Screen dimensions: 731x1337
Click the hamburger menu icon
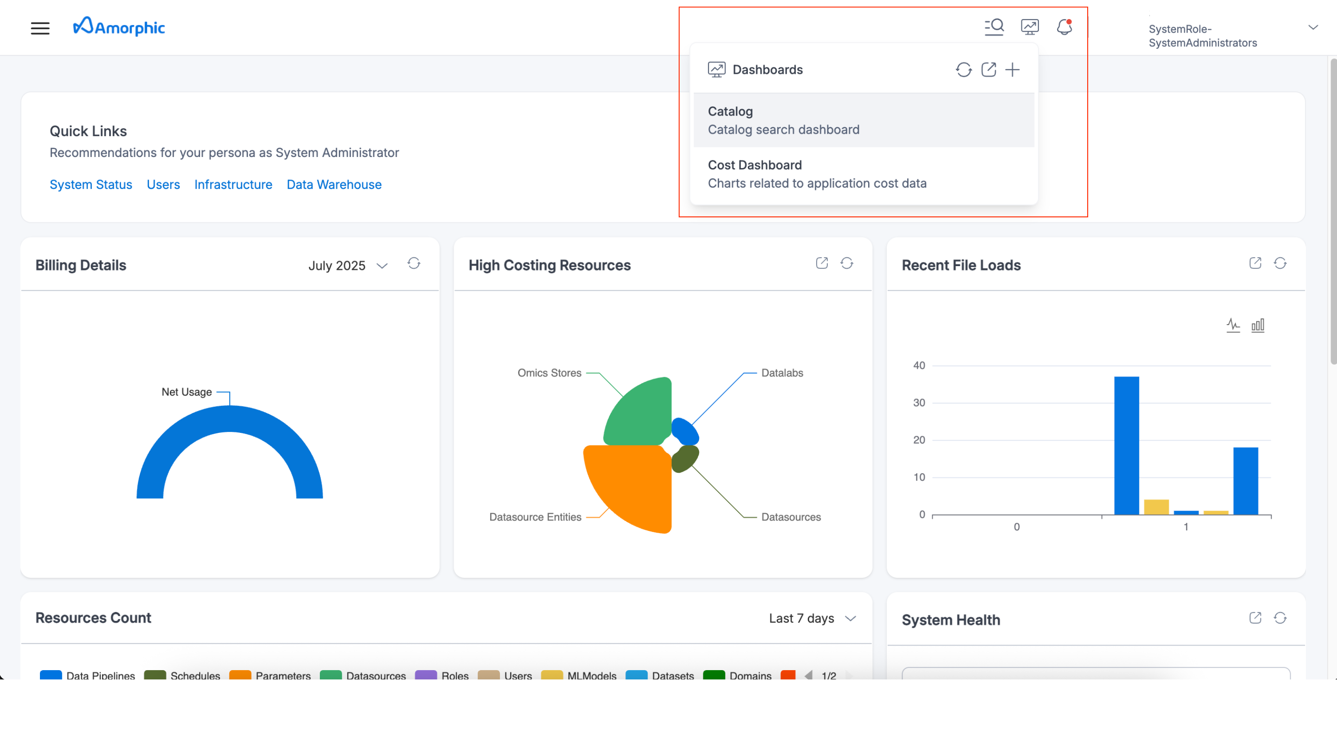(40, 28)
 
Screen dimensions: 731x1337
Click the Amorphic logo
(119, 26)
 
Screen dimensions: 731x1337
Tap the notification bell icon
(1064, 26)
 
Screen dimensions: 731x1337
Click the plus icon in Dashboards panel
(1012, 70)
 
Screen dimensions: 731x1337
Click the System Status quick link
(91, 184)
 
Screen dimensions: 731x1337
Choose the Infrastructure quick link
(233, 184)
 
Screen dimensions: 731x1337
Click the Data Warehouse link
(334, 184)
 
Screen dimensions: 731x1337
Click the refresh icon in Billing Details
(414, 263)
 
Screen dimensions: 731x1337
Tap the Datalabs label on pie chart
(782, 373)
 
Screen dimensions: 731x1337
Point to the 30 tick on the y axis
(919, 403)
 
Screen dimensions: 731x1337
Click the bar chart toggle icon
(1258, 326)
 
